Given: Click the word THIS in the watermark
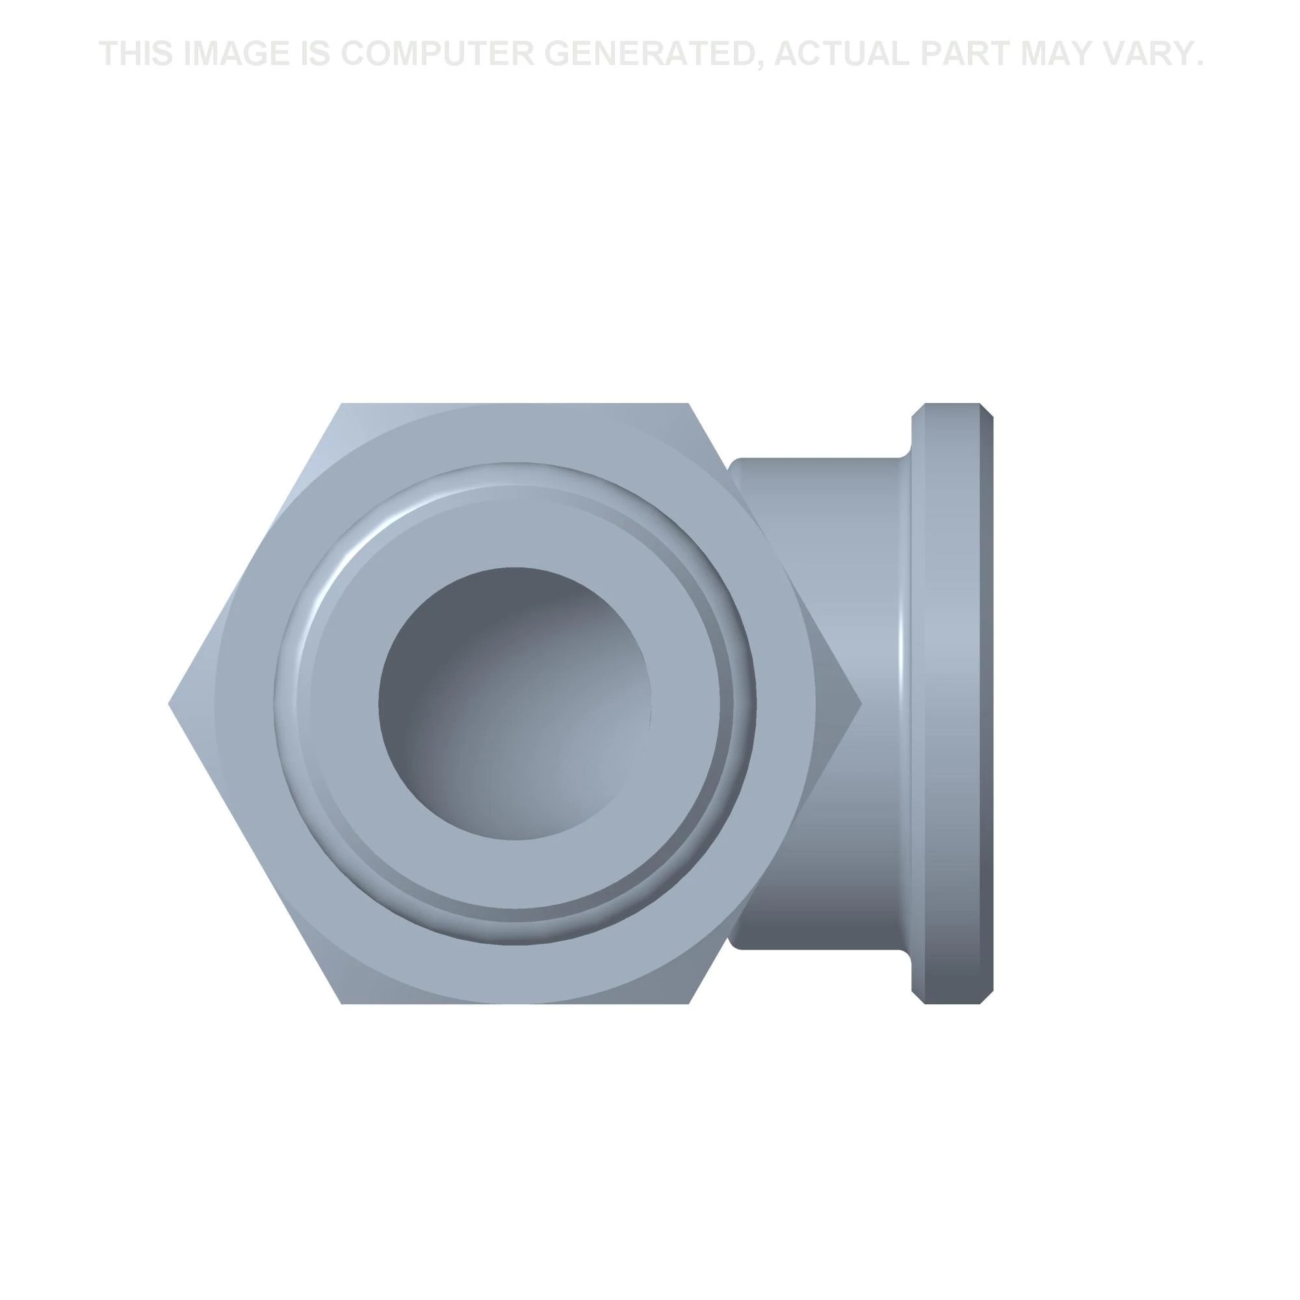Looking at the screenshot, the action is (136, 54).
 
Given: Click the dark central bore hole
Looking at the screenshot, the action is (515, 703).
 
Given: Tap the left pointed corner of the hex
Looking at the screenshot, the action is (169, 705).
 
